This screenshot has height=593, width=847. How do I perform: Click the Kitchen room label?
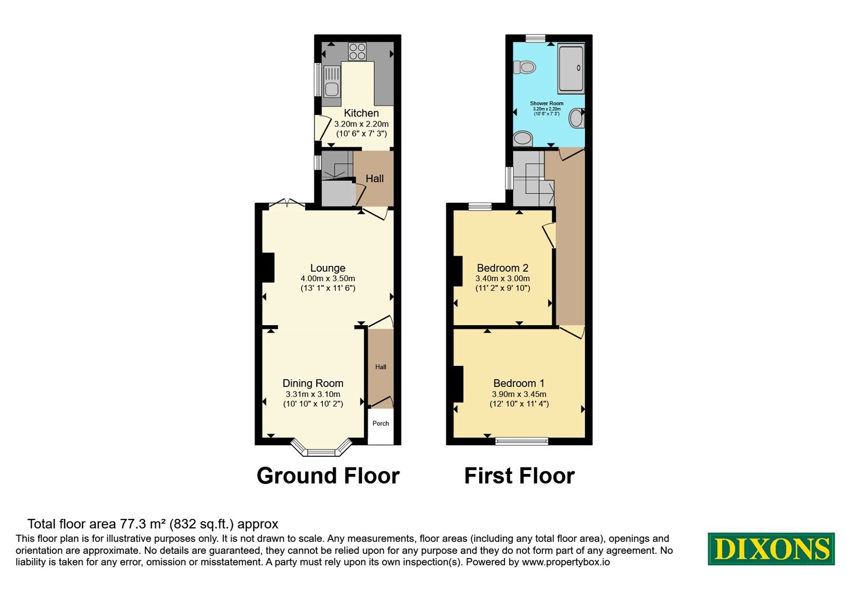click(x=361, y=113)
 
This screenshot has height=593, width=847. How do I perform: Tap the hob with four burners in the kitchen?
click(x=357, y=52)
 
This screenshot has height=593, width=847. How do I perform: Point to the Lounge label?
click(x=328, y=268)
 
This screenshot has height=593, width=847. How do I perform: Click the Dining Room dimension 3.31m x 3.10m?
click(x=313, y=394)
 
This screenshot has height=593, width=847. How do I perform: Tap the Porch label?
click(x=381, y=424)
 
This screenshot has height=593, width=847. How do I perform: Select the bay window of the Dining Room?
click(x=321, y=447)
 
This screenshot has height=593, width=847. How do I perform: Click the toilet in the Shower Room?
click(x=525, y=68)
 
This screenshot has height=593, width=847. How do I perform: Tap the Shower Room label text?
click(x=547, y=103)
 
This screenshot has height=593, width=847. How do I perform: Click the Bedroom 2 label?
click(x=502, y=268)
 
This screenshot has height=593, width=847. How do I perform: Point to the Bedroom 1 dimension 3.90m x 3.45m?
click(x=519, y=394)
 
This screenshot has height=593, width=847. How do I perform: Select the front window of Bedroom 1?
click(x=522, y=441)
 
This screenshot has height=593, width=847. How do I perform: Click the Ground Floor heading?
click(x=328, y=476)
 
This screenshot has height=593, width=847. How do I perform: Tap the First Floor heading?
click(x=519, y=476)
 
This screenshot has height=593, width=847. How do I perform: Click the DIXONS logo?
click(x=771, y=549)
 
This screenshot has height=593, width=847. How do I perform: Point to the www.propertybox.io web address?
click(x=566, y=562)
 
